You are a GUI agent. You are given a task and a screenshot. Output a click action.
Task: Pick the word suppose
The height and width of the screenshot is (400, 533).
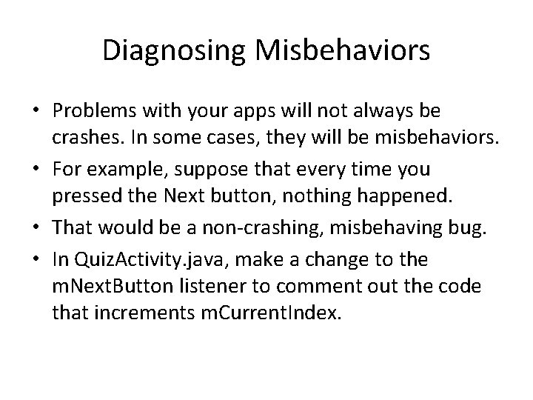click(x=205, y=169)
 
